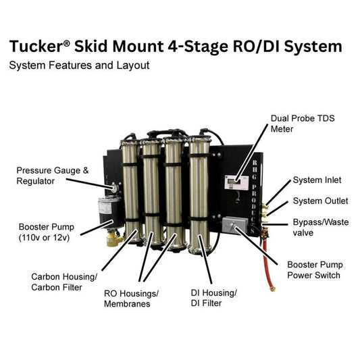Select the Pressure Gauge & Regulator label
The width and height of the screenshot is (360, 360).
tap(52, 176)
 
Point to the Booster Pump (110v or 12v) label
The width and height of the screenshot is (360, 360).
tap(47, 231)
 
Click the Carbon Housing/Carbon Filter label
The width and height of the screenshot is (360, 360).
tap(65, 282)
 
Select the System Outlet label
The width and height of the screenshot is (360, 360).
tap(320, 201)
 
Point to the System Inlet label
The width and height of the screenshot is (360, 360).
tap(317, 180)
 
